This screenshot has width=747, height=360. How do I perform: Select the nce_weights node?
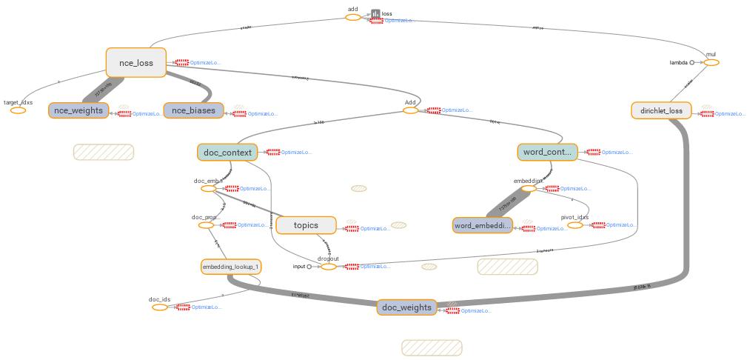[x=78, y=110]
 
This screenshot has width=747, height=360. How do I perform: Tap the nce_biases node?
[x=193, y=110]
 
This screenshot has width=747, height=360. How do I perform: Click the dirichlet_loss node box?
[x=661, y=111]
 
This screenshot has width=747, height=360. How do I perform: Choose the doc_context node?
[x=227, y=152]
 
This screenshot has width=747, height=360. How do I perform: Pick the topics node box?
[x=306, y=225]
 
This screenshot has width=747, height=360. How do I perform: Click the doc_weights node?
[x=406, y=307]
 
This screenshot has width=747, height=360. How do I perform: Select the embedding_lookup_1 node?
[x=231, y=266]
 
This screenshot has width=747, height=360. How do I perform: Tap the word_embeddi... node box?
[x=482, y=225]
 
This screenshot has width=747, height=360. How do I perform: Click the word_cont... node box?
[x=546, y=152]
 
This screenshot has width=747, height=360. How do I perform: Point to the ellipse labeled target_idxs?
[x=18, y=110]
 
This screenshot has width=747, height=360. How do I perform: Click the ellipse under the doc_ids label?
[x=160, y=307]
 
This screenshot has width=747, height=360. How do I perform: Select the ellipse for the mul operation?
[x=711, y=63]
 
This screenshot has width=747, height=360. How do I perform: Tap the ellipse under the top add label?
[x=353, y=17]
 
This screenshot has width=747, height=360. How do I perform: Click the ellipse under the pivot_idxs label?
[x=575, y=225]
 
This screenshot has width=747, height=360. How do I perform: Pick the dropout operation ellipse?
[x=328, y=267]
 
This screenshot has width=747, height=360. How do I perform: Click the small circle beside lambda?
[x=692, y=63]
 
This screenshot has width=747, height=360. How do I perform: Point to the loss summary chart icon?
[x=375, y=14]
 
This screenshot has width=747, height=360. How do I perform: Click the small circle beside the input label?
[x=309, y=267]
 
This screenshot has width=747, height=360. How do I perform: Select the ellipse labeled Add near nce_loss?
[x=410, y=110]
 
